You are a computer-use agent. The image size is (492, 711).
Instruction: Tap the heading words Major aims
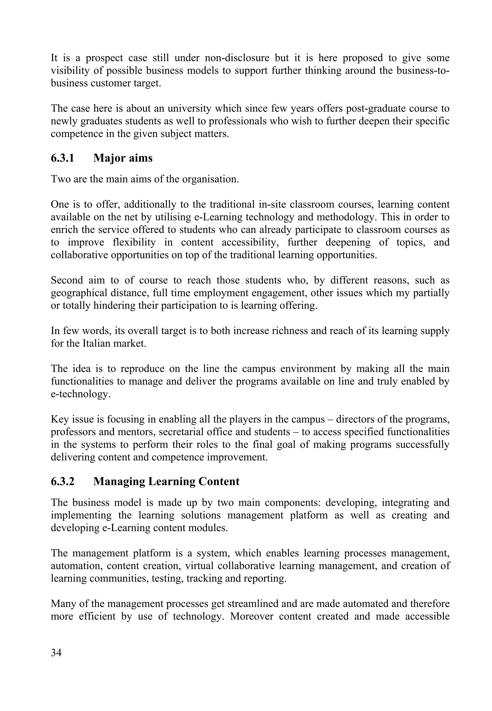[x=123, y=158]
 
